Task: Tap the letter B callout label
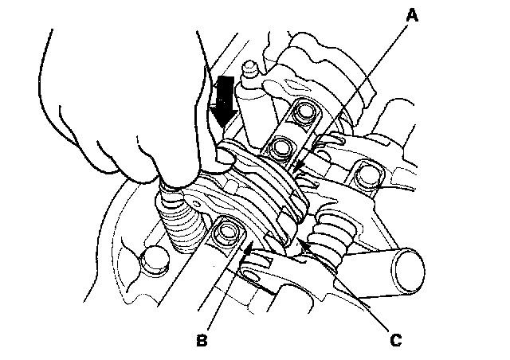202,341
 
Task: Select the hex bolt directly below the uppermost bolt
280,147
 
